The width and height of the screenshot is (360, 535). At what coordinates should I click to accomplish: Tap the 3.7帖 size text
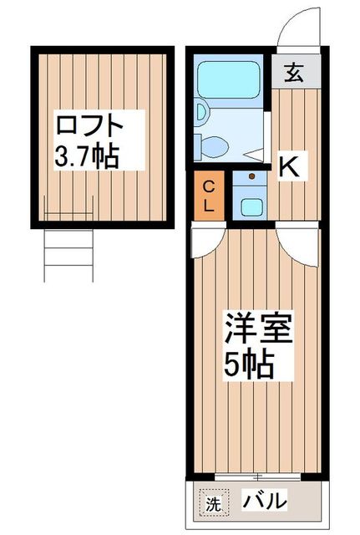[88, 155]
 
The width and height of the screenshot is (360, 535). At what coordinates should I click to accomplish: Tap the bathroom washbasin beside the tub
[200, 111]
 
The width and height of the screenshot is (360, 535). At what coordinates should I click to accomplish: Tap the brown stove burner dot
[251, 177]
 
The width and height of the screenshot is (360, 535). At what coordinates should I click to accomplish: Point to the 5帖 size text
[249, 364]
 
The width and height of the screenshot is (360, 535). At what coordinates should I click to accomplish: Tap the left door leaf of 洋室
[204, 240]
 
